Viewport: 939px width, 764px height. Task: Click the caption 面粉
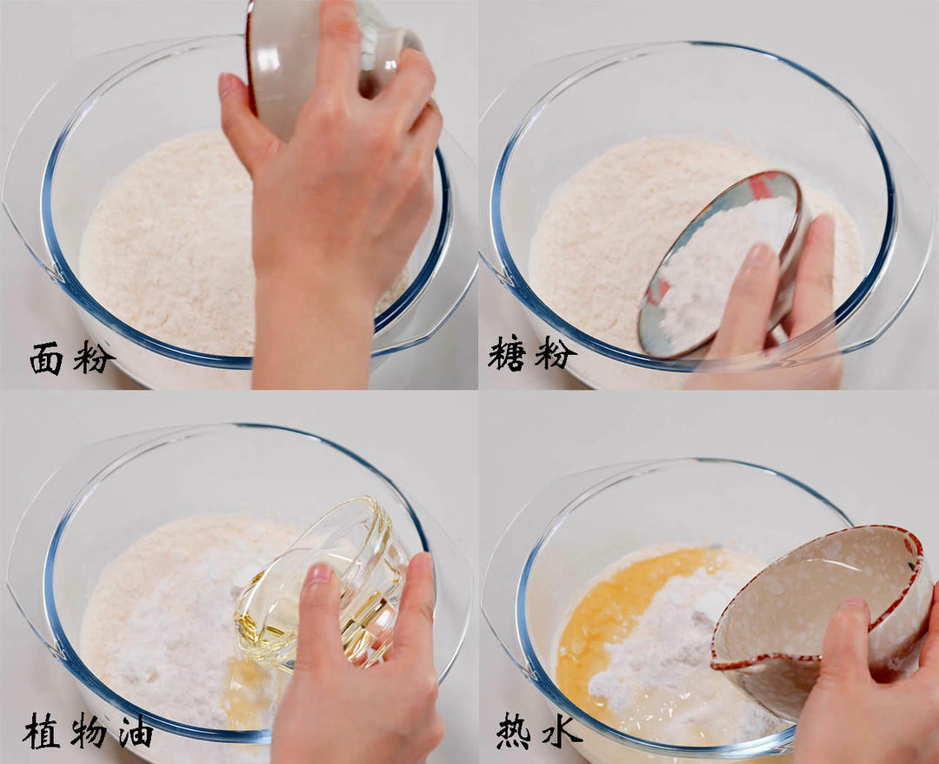tap(71, 358)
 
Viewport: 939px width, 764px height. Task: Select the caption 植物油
tap(88, 731)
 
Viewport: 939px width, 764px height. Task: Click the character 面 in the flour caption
tap(46, 358)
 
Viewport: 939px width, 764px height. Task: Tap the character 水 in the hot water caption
tap(563, 732)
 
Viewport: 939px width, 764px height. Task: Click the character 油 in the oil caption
tap(134, 732)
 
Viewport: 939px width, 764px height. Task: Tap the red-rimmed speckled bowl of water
tap(817, 600)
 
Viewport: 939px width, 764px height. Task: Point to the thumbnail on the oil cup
tap(318, 575)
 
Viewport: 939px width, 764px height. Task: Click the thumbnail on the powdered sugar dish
tap(760, 255)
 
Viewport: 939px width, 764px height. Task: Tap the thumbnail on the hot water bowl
tap(853, 604)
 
